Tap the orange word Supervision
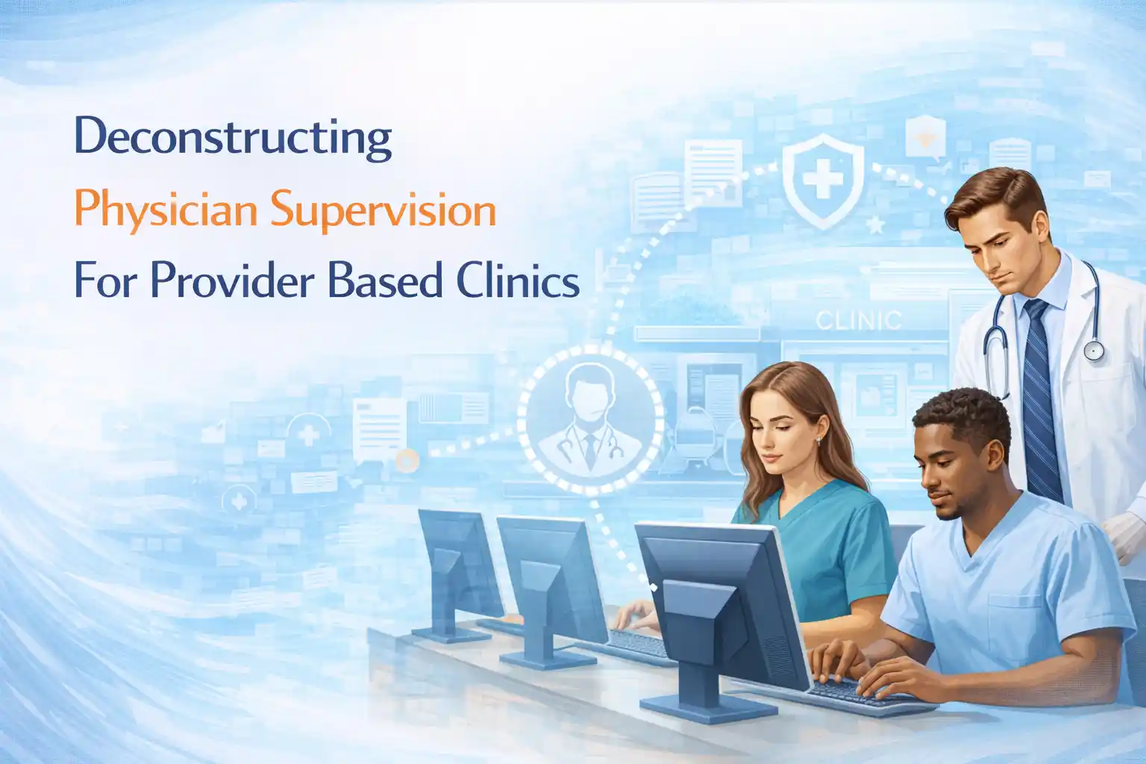(x=383, y=210)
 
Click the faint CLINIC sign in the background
(x=858, y=321)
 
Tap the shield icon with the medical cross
(x=823, y=179)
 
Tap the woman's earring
(x=818, y=441)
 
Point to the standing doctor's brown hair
(x=995, y=197)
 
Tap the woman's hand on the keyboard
(x=634, y=616)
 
